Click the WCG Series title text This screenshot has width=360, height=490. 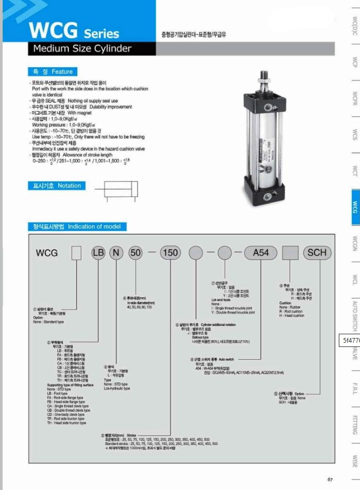[x=74, y=30]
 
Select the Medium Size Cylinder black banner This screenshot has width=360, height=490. [x=92, y=49]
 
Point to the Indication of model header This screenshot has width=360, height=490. [x=77, y=227]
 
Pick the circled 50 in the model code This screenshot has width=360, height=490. [x=136, y=253]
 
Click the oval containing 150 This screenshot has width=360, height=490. [x=170, y=253]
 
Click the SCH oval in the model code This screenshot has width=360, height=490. [x=317, y=253]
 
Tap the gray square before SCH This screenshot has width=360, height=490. [x=291, y=253]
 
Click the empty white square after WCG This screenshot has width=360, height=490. [x=77, y=253]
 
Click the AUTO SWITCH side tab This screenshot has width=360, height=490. [x=355, y=316]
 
